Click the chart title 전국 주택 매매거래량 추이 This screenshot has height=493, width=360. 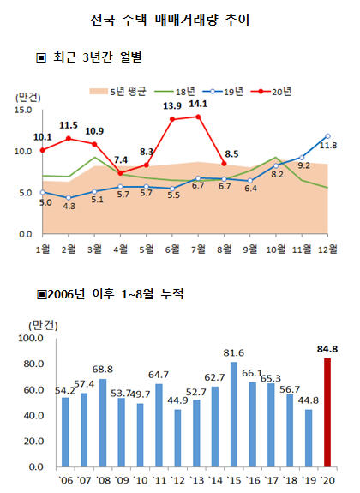point(170,20)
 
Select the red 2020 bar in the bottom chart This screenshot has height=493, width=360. point(327,412)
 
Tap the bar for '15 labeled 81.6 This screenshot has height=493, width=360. point(234,414)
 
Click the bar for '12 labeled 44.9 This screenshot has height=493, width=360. point(177,437)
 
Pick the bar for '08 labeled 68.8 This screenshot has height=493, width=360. point(103,423)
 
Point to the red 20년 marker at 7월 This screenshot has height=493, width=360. point(198,117)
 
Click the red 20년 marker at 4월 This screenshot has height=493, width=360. point(120,173)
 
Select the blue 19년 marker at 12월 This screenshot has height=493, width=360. point(328,136)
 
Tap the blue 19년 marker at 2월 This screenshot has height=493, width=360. point(69,198)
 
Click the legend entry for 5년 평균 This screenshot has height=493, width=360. point(118,92)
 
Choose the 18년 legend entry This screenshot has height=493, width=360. point(175,92)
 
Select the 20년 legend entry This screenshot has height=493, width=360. point(271,92)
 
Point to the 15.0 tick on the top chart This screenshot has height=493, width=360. point(23,111)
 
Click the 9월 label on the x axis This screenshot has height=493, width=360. point(250,249)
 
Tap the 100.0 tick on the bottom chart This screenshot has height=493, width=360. point(31,338)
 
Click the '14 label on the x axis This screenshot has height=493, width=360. point(215,480)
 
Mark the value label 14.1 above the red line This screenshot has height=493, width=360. point(198,104)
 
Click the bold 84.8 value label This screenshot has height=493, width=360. point(327,349)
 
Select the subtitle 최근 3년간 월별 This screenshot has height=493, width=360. point(89,57)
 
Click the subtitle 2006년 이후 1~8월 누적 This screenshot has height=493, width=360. point(110,294)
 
